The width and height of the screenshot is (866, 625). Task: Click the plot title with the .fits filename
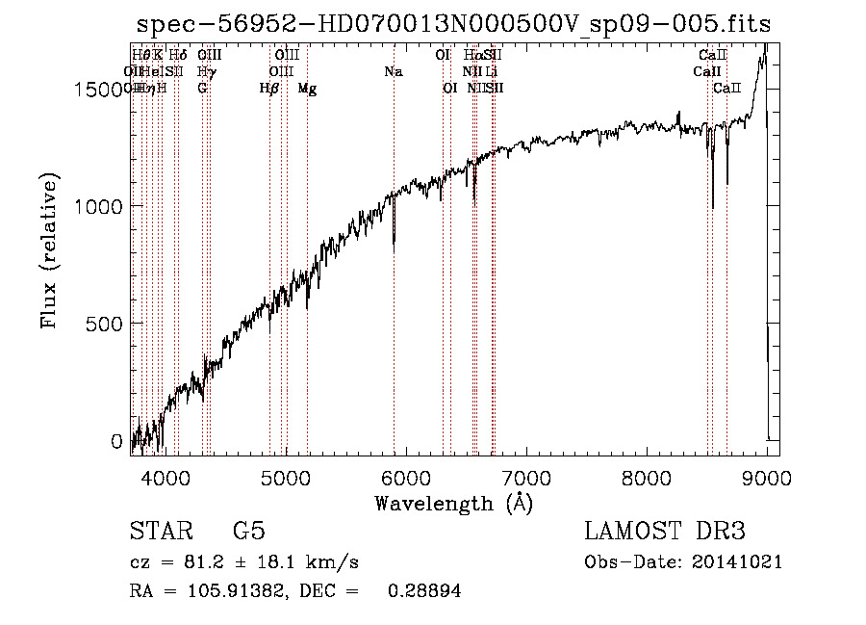pos(453,24)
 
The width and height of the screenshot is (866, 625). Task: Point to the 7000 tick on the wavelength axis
pos(526,477)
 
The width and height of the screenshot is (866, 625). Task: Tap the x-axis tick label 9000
pos(767,477)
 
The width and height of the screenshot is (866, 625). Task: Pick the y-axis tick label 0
pos(118,441)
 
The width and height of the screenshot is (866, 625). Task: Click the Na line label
pos(393,72)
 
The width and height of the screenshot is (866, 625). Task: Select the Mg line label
pos(307,89)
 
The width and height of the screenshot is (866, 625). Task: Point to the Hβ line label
pos(269,89)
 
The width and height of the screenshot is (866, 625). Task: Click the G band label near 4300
pos(202,89)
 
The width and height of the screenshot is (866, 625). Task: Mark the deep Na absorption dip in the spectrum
pos(394,248)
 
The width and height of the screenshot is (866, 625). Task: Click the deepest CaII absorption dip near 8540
pos(713,205)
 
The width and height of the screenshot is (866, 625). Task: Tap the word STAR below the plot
pos(159,532)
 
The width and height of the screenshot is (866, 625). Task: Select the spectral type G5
pos(248,532)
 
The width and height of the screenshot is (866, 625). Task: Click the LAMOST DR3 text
pos(664,532)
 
